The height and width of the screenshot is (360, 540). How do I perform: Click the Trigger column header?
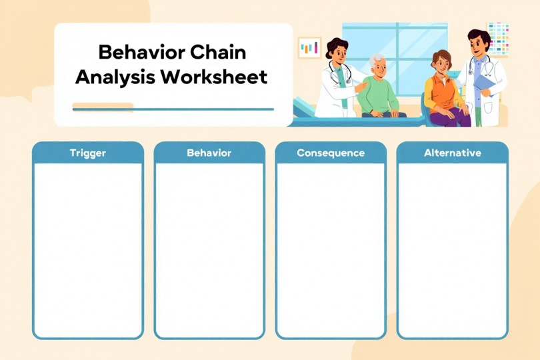tap(87, 153)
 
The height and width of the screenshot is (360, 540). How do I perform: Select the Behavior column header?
tap(209, 153)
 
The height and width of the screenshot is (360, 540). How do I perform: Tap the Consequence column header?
tap(331, 153)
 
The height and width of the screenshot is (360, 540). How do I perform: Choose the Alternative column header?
tap(452, 153)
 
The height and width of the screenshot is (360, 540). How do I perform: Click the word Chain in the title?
tap(218, 51)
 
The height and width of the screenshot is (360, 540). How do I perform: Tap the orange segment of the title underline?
tap(103, 106)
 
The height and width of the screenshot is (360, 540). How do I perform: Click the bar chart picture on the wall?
tap(309, 48)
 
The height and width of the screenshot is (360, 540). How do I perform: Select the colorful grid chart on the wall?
tap(498, 37)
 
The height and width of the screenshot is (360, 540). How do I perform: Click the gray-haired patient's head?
tap(378, 64)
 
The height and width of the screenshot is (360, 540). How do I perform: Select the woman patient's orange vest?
tap(439, 93)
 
